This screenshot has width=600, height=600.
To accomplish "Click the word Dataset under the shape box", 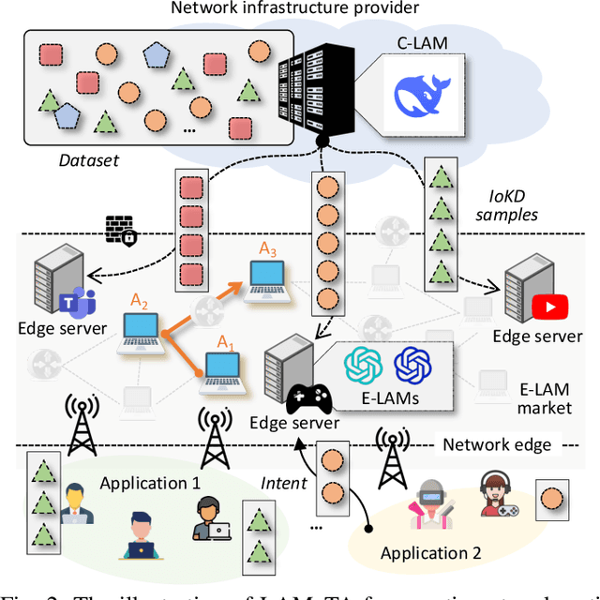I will point(88,160).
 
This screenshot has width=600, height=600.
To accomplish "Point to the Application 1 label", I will point(150,484).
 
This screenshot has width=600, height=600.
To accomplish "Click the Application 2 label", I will point(430,553).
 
